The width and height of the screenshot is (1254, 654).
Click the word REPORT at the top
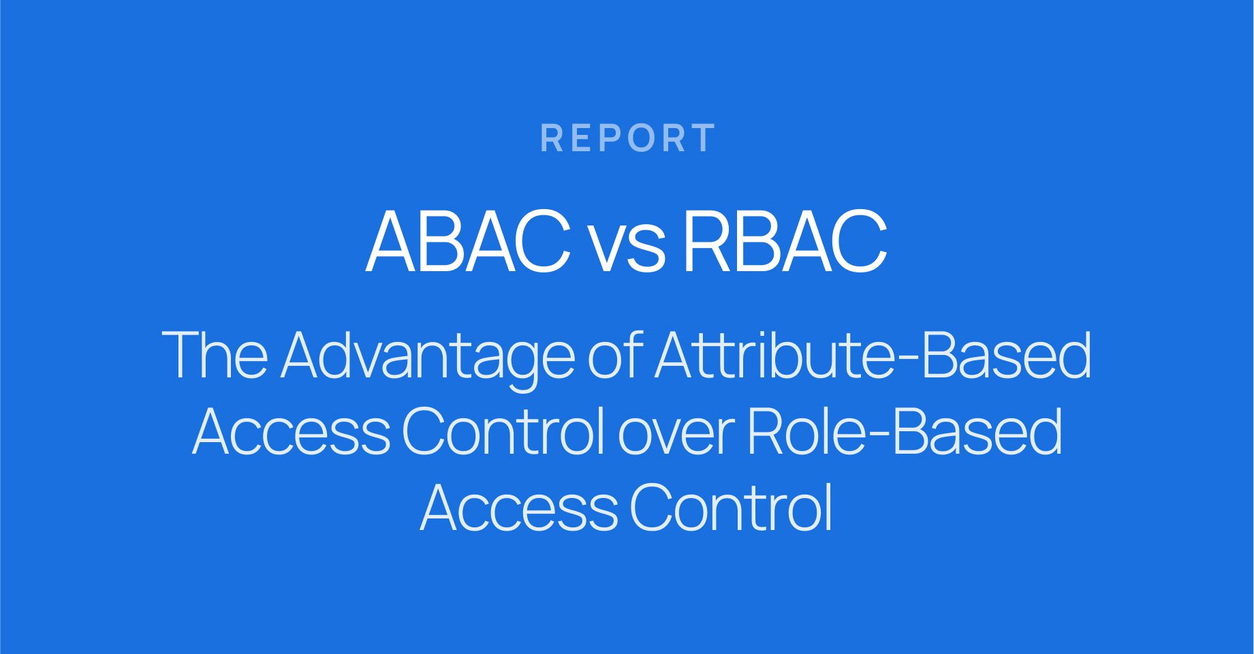pyautogui.click(x=627, y=138)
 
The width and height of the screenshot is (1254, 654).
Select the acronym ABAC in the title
pyautogui.click(x=468, y=241)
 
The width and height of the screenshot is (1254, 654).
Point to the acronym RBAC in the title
pyautogui.click(x=785, y=241)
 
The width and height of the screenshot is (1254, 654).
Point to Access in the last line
pyautogui.click(x=519, y=508)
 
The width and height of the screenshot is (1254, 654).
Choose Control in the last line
pyautogui.click(x=731, y=508)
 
